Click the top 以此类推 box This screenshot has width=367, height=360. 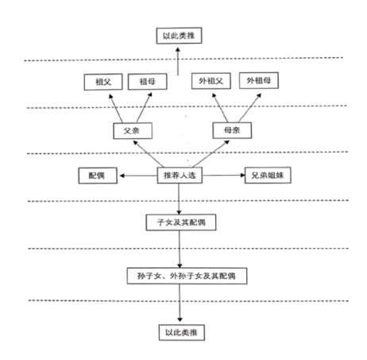pyautogui.click(x=179, y=36)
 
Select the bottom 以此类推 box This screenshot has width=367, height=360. pyautogui.click(x=182, y=332)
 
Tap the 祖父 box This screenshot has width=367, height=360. pyautogui.click(x=103, y=82)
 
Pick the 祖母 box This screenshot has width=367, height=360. pyautogui.click(x=148, y=82)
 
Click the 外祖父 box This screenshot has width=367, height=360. pyautogui.click(x=211, y=81)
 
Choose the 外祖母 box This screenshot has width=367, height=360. pyautogui.click(x=259, y=80)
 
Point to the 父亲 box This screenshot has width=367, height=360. pyautogui.click(x=133, y=131)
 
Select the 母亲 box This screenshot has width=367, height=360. pyautogui.click(x=232, y=130)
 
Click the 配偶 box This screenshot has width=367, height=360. pyautogui.click(x=98, y=176)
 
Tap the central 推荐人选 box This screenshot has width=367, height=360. pyautogui.click(x=180, y=175)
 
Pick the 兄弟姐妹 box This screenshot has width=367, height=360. pyautogui.click(x=268, y=175)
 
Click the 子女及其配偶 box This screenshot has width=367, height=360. pyautogui.click(x=181, y=223)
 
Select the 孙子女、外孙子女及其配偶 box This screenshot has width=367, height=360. pyautogui.click(x=187, y=276)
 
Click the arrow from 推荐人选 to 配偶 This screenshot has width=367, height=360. pyautogui.click(x=138, y=176)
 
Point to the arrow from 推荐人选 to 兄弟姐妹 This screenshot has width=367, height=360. pyautogui.click(x=224, y=175)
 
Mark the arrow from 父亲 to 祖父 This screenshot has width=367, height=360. pyautogui.click(x=116, y=108)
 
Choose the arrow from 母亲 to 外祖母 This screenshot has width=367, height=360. pyautogui.click(x=249, y=108)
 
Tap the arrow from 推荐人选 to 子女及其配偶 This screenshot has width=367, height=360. pyautogui.click(x=179, y=199)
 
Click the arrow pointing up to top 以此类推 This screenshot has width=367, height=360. pyautogui.click(x=178, y=61)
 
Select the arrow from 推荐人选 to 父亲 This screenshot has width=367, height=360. pyautogui.click(x=149, y=154)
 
